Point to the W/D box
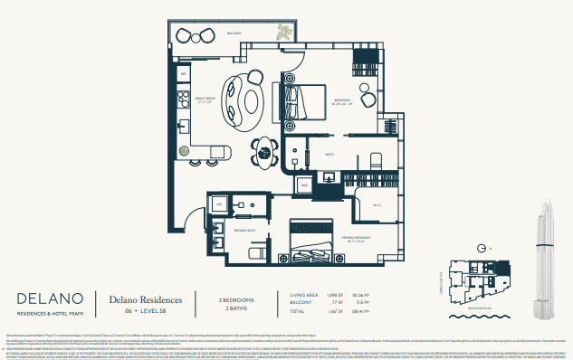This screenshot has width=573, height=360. pyautogui.click(x=305, y=185)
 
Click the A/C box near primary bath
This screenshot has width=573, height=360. pyautogui.click(x=218, y=206)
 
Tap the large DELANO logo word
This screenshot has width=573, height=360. pyautogui.click(x=51, y=298)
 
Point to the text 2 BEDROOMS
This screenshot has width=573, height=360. pyautogui.click(x=236, y=298)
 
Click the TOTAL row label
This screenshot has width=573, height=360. pyautogui.click(x=299, y=312)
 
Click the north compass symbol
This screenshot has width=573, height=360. pyautogui.click(x=482, y=247)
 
